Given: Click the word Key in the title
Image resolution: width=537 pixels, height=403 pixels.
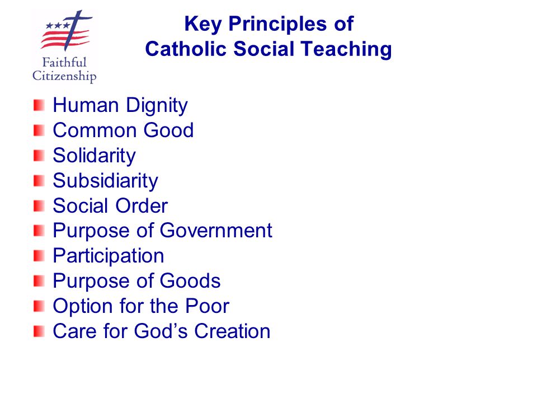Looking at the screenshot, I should [x=200, y=25].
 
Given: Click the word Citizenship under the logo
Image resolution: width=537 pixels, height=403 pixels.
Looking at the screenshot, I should [x=64, y=76].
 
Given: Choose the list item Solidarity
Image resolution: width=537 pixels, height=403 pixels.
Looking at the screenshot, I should [x=94, y=156].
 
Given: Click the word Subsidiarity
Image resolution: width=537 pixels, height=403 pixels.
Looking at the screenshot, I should [x=105, y=181].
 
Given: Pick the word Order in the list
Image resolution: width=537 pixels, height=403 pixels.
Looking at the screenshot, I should [x=142, y=206].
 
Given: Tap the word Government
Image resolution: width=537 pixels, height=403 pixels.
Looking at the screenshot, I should [x=216, y=231].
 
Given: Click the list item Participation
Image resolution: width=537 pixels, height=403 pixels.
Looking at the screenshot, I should [x=109, y=256].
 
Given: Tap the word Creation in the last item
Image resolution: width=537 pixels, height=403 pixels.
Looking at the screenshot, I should [x=232, y=331].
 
